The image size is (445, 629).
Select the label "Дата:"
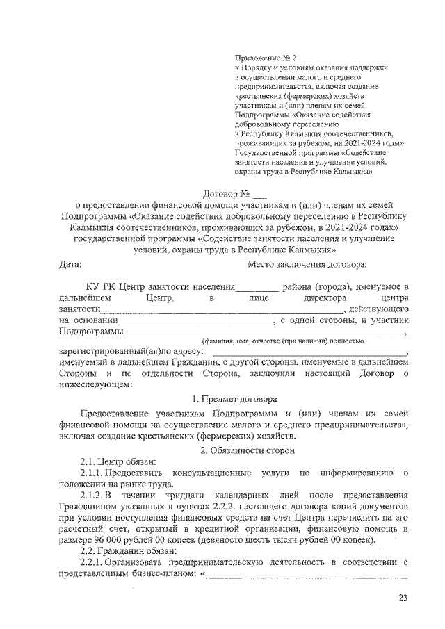pyautogui.click(x=70, y=263)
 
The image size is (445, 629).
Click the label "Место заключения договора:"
pyautogui.click(x=307, y=263)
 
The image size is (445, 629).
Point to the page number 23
pyautogui.click(x=403, y=597)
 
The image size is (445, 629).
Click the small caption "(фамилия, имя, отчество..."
pyautogui.click(x=281, y=341)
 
